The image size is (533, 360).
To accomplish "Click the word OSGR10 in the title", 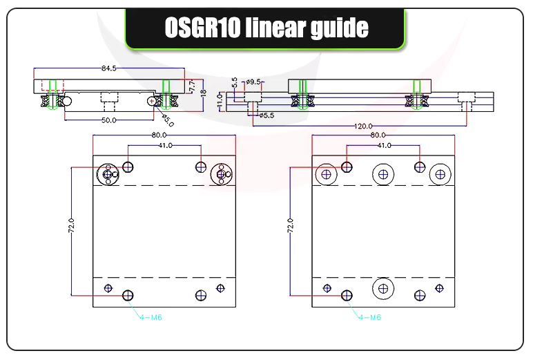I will coord(200,28).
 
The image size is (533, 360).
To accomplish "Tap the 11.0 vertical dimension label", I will coord(220,102).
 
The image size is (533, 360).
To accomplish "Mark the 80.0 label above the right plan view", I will coord(378,135).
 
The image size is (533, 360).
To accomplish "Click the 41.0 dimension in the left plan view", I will coord(165,145).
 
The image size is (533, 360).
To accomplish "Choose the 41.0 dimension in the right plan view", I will coord(384,145).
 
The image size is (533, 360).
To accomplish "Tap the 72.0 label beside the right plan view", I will coord(290,227).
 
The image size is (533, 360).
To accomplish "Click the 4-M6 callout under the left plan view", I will coord(150,318).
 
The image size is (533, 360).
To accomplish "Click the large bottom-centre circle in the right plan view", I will coord(383,287).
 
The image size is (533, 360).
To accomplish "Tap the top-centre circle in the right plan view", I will coord(383,174).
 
